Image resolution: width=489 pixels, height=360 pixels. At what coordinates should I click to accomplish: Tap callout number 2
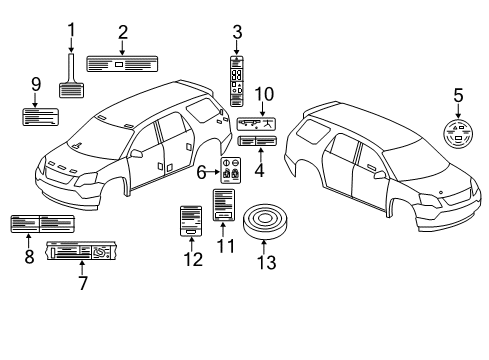pyautogui.click(x=122, y=32)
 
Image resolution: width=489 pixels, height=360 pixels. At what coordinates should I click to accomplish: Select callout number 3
pyautogui.click(x=236, y=31)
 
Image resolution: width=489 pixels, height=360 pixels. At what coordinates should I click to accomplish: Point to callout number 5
pyautogui.click(x=458, y=97)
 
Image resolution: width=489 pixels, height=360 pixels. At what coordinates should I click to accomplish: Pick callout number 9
pyautogui.click(x=34, y=85)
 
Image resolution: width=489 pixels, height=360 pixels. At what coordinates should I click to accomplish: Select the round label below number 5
pyautogui.click(x=458, y=135)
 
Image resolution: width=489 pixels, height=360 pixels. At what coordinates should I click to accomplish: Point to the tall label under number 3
pyautogui.click(x=236, y=78)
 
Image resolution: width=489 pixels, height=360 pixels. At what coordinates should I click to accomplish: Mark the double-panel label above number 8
pyautogui.click(x=41, y=223)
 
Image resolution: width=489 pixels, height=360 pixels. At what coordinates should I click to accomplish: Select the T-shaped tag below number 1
pyautogui.click(x=70, y=81)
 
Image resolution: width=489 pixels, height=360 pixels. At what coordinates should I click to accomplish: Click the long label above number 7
pyautogui.click(x=91, y=253)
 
